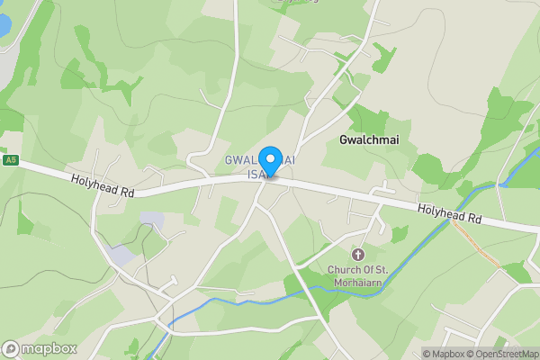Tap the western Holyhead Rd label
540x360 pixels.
103,186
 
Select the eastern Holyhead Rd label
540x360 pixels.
449,214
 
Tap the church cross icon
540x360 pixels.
357,255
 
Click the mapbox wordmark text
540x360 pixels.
49,348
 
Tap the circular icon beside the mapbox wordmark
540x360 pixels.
12,348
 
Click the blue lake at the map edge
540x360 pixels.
4,24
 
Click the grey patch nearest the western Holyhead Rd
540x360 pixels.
152,219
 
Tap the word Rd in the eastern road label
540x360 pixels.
472,220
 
